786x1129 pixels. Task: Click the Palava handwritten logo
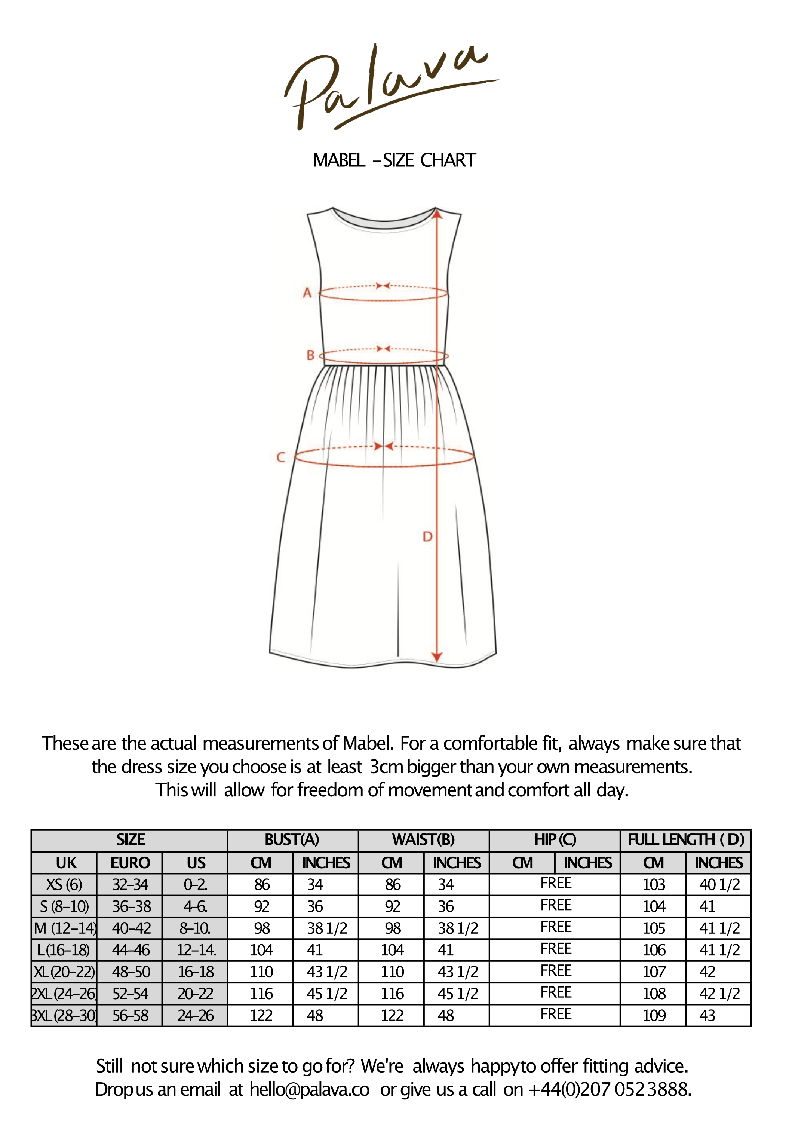[x=389, y=88]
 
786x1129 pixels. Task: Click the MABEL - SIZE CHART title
[x=394, y=160]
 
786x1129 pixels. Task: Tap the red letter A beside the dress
[x=307, y=293]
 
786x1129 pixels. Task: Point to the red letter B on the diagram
[x=310, y=355]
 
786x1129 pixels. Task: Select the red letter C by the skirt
[x=281, y=457]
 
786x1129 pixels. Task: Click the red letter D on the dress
[x=427, y=536]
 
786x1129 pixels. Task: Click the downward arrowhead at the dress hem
[x=436, y=657]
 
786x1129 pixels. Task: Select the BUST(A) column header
[x=292, y=839]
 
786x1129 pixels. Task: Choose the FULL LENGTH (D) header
[x=686, y=839]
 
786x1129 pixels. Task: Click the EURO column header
[x=130, y=863]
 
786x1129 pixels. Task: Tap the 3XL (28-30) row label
[x=64, y=1015]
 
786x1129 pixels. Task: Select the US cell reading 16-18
[x=196, y=972]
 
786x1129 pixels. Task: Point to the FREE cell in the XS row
[x=555, y=884]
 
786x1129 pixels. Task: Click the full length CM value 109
[x=654, y=1015]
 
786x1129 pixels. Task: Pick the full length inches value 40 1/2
[x=719, y=885]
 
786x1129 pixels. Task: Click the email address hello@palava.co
[x=309, y=1090]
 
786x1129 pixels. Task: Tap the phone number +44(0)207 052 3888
[x=610, y=1090]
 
